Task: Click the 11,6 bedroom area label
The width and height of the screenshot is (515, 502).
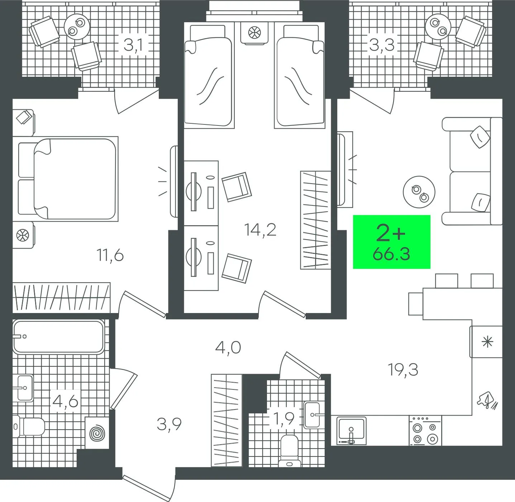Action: point(110,256)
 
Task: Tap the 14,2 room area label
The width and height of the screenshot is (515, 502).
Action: point(261,230)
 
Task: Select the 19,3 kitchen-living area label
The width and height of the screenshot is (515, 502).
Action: point(403,370)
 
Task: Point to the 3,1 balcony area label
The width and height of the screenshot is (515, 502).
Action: point(134,45)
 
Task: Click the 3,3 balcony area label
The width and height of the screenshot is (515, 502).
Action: point(382,45)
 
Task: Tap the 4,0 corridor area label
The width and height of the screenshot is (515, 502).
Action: point(228,348)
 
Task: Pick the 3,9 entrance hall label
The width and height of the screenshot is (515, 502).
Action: point(169,425)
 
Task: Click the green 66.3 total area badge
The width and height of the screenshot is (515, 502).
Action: point(392,242)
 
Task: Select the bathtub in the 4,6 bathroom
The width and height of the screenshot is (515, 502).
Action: point(58,337)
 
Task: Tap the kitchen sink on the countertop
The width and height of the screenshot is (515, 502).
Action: point(352,431)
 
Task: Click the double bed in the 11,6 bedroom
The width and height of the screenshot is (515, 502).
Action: point(68,179)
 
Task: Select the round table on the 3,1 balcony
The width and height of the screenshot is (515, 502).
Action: point(77,27)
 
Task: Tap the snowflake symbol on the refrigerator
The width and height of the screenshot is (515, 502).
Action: point(487,342)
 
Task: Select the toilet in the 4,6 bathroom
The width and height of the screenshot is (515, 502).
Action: point(29,426)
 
